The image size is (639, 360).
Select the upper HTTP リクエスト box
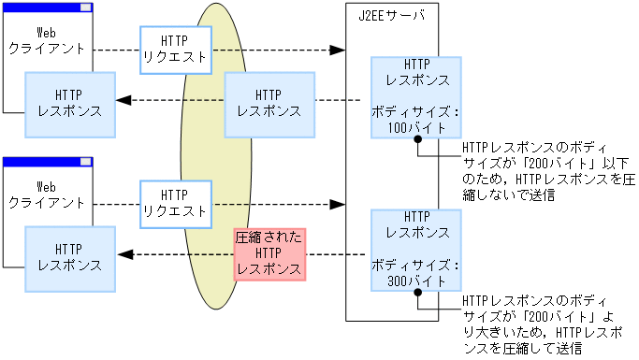[x=174, y=49]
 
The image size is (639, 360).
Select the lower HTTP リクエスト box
[x=174, y=203]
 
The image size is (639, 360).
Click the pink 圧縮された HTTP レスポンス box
[x=269, y=252]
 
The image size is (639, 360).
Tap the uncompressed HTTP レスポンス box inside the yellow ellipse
[x=269, y=102]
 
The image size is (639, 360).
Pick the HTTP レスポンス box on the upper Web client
[x=70, y=102]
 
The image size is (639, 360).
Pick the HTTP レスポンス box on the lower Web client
[x=70, y=256]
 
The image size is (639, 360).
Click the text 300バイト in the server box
[x=414, y=280]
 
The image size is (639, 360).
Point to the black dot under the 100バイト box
[x=418, y=139]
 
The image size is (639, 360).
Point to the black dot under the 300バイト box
[x=418, y=293]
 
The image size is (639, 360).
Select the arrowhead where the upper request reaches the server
[x=339, y=49]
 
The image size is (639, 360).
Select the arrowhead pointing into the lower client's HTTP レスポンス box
[x=123, y=254]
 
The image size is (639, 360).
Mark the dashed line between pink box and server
[x=335, y=254]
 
